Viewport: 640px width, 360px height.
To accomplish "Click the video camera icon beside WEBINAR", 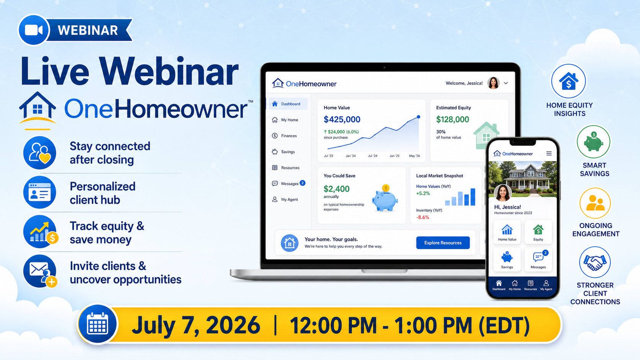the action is (x=34, y=30).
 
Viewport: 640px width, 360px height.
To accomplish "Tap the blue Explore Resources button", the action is (x=442, y=243).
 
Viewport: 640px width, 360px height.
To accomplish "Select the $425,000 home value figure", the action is (x=342, y=119).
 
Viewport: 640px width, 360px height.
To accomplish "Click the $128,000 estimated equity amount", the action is (x=452, y=119).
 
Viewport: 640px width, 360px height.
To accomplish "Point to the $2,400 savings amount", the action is (x=336, y=189).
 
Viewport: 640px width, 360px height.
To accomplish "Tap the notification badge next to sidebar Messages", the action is (x=302, y=183).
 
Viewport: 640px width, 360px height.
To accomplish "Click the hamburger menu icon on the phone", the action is (x=549, y=153).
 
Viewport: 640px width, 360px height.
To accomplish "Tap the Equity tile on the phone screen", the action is (x=538, y=232).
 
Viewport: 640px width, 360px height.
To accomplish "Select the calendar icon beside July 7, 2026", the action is (x=98, y=324).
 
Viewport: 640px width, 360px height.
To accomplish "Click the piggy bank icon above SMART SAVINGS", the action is (x=593, y=142).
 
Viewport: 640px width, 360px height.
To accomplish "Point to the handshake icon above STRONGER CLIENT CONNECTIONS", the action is (x=594, y=262).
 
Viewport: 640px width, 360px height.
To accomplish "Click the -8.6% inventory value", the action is (x=423, y=217).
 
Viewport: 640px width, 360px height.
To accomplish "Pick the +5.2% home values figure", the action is (x=423, y=193).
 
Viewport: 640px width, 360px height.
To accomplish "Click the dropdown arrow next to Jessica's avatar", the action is (x=506, y=83).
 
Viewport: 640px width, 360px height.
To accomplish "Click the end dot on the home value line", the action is (x=418, y=117).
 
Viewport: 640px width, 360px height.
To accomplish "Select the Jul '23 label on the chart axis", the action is (x=328, y=156).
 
